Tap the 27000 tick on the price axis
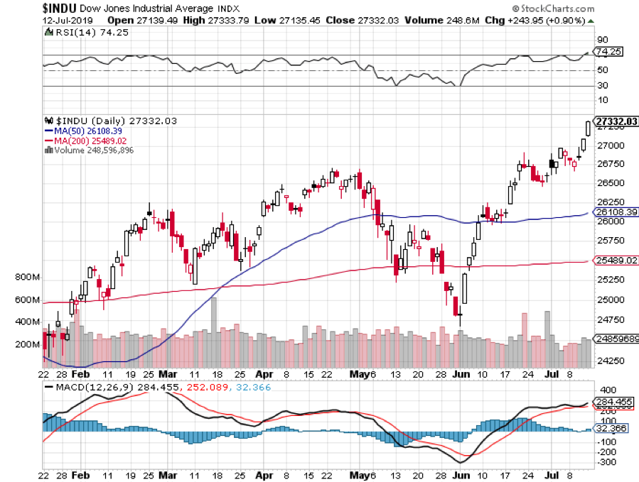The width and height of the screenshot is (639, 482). pyautogui.click(x=611, y=146)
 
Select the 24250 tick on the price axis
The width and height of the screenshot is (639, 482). pyautogui.click(x=611, y=361)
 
